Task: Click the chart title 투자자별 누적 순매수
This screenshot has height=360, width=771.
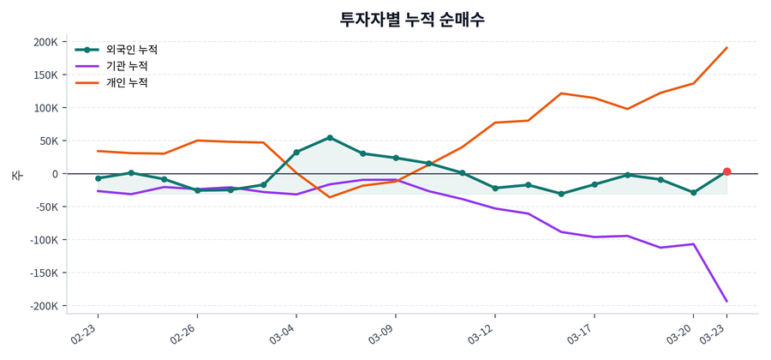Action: pyautogui.click(x=412, y=19)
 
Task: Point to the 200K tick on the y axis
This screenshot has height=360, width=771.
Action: pyautogui.click(x=45, y=42)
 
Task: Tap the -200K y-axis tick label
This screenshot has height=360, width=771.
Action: pyautogui.click(x=43, y=306)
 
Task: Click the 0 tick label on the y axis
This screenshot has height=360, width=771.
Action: pyautogui.click(x=54, y=174)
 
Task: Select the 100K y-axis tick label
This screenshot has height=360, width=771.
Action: pyautogui.click(x=45, y=108)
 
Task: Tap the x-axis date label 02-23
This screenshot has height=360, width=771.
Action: pyautogui.click(x=86, y=333)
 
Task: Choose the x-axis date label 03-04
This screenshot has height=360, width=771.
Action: pyautogui.click(x=284, y=333)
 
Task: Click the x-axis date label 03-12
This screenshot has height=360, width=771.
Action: pyautogui.click(x=482, y=333)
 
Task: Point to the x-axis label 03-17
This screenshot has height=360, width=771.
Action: pyautogui.click(x=582, y=333)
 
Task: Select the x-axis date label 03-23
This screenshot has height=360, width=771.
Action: pyautogui.click(x=714, y=333)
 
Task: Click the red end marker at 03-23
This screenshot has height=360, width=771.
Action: pyautogui.click(x=726, y=171)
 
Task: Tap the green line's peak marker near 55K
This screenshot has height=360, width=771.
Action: pyautogui.click(x=330, y=137)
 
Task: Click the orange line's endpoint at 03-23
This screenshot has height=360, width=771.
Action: pyautogui.click(x=726, y=48)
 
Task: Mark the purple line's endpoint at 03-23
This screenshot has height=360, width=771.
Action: pyautogui.click(x=726, y=301)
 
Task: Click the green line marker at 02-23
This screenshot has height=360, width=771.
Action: pyautogui.click(x=98, y=178)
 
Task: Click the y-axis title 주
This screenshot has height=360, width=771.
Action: pyautogui.click(x=16, y=175)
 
